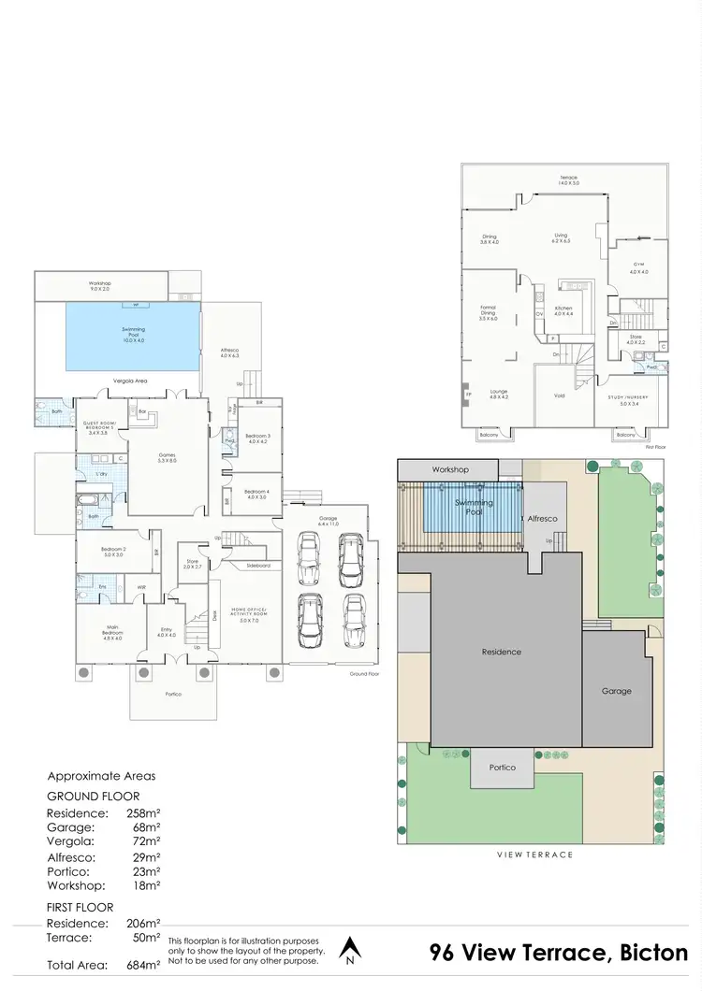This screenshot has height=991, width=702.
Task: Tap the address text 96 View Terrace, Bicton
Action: click(x=559, y=953)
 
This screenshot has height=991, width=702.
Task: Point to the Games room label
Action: click(x=168, y=455)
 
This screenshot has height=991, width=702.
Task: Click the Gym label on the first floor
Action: click(x=638, y=268)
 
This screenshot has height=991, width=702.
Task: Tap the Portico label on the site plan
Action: click(x=502, y=768)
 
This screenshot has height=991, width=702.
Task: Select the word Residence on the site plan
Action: click(x=502, y=652)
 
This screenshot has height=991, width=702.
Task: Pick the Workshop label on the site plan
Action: click(x=449, y=469)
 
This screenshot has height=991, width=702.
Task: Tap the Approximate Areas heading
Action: click(x=102, y=776)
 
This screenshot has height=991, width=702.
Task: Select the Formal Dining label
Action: click(x=488, y=312)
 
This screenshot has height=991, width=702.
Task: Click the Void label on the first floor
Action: click(x=559, y=395)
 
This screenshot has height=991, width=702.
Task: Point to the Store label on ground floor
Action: click(x=192, y=564)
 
